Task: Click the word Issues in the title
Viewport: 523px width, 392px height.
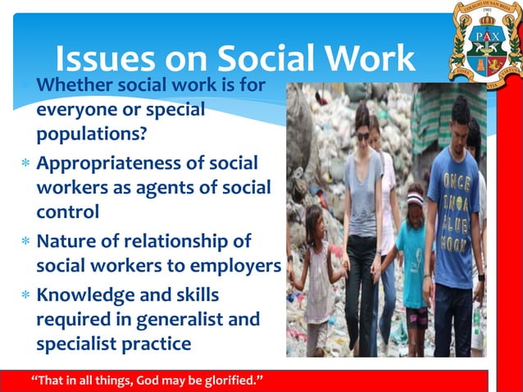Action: pyautogui.click(x=102, y=60)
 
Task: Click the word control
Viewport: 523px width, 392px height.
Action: pyautogui.click(x=67, y=210)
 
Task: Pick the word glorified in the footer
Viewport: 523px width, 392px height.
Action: pyautogui.click(x=226, y=381)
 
